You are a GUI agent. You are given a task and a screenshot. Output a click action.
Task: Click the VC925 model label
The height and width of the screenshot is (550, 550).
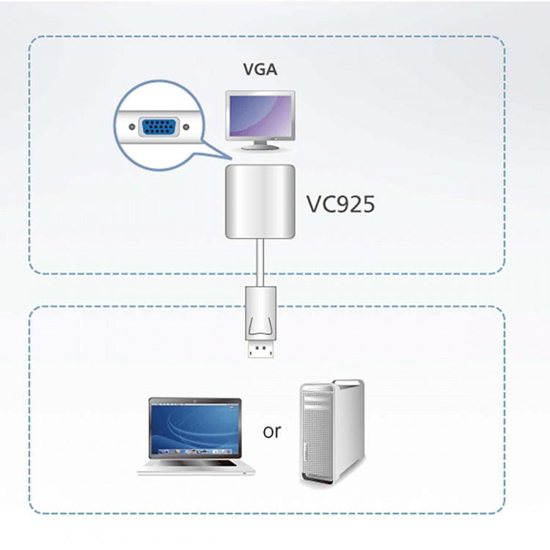pyautogui.click(x=340, y=203)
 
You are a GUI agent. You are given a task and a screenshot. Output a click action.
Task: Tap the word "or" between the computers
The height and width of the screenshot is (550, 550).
pyautogui.click(x=271, y=431)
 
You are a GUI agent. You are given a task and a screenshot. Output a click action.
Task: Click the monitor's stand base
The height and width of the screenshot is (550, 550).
pyautogui.click(x=260, y=147)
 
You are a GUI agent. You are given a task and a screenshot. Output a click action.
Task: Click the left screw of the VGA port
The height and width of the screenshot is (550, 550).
pyautogui.click(x=131, y=128)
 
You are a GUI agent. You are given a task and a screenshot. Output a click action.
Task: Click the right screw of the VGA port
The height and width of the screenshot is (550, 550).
pyautogui.click(x=184, y=128)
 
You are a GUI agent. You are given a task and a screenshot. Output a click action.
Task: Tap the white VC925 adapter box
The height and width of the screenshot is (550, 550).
pyautogui.click(x=260, y=201)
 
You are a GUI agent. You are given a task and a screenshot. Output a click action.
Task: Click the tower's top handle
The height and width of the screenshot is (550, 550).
pyautogui.click(x=331, y=384)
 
